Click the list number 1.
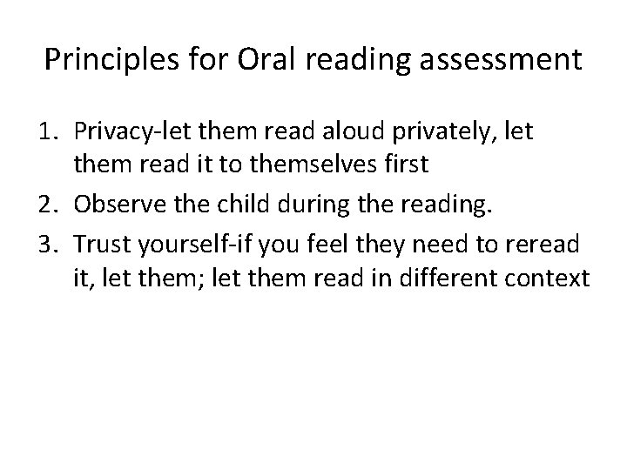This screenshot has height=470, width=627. [x=53, y=132]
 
